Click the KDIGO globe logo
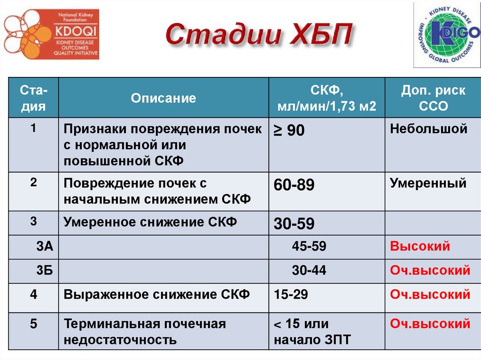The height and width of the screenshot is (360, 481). pos(446,34)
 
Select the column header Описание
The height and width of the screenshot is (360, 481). pos(163,98)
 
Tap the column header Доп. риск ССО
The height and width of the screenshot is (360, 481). pos(433,98)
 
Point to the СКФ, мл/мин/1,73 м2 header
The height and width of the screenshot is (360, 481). pos(326,98)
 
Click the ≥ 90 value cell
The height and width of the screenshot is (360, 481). pos(289,131)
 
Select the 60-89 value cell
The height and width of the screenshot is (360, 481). pos(294,185)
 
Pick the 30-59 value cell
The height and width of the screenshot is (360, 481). pos(294,224)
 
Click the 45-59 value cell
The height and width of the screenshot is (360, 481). pos(309,246)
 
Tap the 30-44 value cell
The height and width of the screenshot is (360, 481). pos(309,270)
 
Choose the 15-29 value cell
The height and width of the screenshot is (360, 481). pos(291,295)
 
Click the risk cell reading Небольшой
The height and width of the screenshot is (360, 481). pos(428,129)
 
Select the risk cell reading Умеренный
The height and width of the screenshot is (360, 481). pos(428,183)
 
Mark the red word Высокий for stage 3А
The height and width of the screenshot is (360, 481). pos(420,246)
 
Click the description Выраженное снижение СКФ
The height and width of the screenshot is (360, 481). pos(157,295)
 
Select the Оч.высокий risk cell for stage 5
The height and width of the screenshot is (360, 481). pos(430,324)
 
